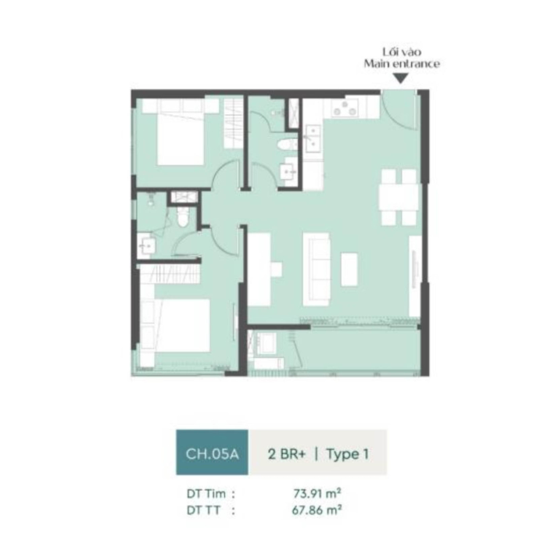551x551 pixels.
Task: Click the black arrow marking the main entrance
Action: [x=401, y=78]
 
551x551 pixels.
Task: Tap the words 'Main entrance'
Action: [x=402, y=63]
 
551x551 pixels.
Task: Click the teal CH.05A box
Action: [x=213, y=453]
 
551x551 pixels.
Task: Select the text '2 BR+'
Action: [x=287, y=454]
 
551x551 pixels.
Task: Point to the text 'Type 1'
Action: [x=348, y=454]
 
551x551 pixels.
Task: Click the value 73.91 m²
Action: [x=317, y=493]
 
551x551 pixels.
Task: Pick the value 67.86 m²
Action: [x=317, y=510]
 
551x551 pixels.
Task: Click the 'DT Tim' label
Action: [x=206, y=494]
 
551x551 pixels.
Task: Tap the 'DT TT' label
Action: [x=203, y=510]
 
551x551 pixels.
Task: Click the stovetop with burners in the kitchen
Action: [x=345, y=108]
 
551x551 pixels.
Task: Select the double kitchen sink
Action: [x=313, y=139]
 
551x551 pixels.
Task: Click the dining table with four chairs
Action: [x=399, y=197]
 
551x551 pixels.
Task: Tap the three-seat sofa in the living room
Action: [x=317, y=269]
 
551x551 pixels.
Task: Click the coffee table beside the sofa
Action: [x=349, y=269]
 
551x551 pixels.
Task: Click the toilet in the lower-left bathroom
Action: [x=182, y=216]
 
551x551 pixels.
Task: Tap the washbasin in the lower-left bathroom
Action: [x=146, y=246]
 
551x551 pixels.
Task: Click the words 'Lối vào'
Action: [x=402, y=52]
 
